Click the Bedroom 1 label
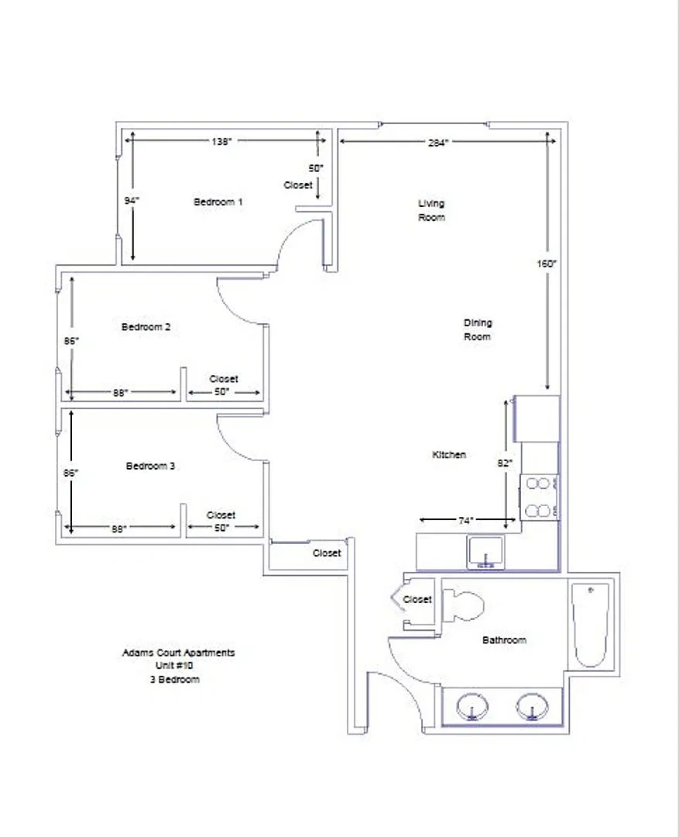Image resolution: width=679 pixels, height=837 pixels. pyautogui.click(x=218, y=201)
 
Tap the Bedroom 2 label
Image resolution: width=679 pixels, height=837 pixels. pyautogui.click(x=146, y=327)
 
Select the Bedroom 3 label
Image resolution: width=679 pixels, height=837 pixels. pyautogui.click(x=150, y=466)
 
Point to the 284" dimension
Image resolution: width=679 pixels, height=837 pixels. pyautogui.click(x=438, y=143)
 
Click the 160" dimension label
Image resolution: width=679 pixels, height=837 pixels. pyautogui.click(x=547, y=263)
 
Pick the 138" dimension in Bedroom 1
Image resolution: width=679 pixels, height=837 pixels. pyautogui.click(x=221, y=142)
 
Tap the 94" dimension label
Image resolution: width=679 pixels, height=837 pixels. pyautogui.click(x=132, y=201)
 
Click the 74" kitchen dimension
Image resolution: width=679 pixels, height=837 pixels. pyautogui.click(x=465, y=520)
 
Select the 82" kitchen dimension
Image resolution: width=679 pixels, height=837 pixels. pyautogui.click(x=505, y=463)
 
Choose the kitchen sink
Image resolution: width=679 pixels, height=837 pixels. pyautogui.click(x=485, y=553)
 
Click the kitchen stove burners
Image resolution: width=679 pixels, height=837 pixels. pyautogui.click(x=538, y=498)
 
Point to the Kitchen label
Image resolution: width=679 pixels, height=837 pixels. pyautogui.click(x=449, y=455)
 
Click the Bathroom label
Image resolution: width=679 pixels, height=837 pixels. pyautogui.click(x=504, y=640)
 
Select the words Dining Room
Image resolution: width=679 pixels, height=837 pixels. pyautogui.click(x=478, y=330)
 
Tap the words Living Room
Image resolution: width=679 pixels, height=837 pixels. pyautogui.click(x=431, y=210)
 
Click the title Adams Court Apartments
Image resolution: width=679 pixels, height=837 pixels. pyautogui.click(x=179, y=653)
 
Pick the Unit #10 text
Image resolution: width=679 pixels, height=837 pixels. pyautogui.click(x=174, y=666)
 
